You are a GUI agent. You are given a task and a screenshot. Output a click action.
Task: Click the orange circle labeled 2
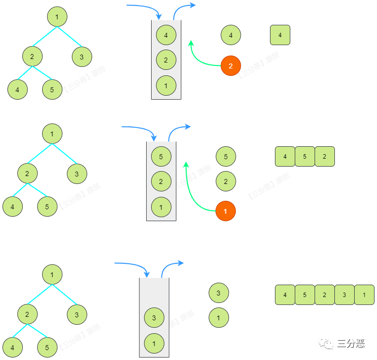tap(231, 65)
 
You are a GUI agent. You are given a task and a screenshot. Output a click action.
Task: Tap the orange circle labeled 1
tap(225, 211)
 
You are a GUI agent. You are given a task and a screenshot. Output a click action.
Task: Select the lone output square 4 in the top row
tap(280, 35)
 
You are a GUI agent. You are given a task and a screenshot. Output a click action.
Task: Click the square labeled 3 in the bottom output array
tap(344, 295)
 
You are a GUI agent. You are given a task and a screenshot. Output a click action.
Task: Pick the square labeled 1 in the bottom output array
tap(364, 295)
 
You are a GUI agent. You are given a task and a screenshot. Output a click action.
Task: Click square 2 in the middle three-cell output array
tap(324, 156)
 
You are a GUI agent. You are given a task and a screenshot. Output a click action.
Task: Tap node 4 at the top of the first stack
tap(166, 35)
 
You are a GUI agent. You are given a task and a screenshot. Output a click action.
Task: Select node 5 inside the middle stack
tap(161, 156)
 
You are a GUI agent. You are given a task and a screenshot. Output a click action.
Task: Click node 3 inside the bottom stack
tap(154, 317)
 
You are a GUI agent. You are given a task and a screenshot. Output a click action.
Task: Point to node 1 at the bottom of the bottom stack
tap(154, 342)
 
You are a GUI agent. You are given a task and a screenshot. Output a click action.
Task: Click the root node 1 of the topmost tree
tap(57, 17)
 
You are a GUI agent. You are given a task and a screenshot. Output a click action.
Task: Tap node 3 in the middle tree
tap(77, 174)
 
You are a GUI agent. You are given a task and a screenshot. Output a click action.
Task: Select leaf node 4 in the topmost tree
tap(17, 90)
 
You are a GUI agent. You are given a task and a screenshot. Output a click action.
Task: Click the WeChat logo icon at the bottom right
tap(326, 343)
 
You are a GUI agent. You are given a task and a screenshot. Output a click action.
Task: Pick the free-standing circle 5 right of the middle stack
tap(226, 157)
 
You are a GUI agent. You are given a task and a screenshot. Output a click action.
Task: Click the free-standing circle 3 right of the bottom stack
tap(218, 293)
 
